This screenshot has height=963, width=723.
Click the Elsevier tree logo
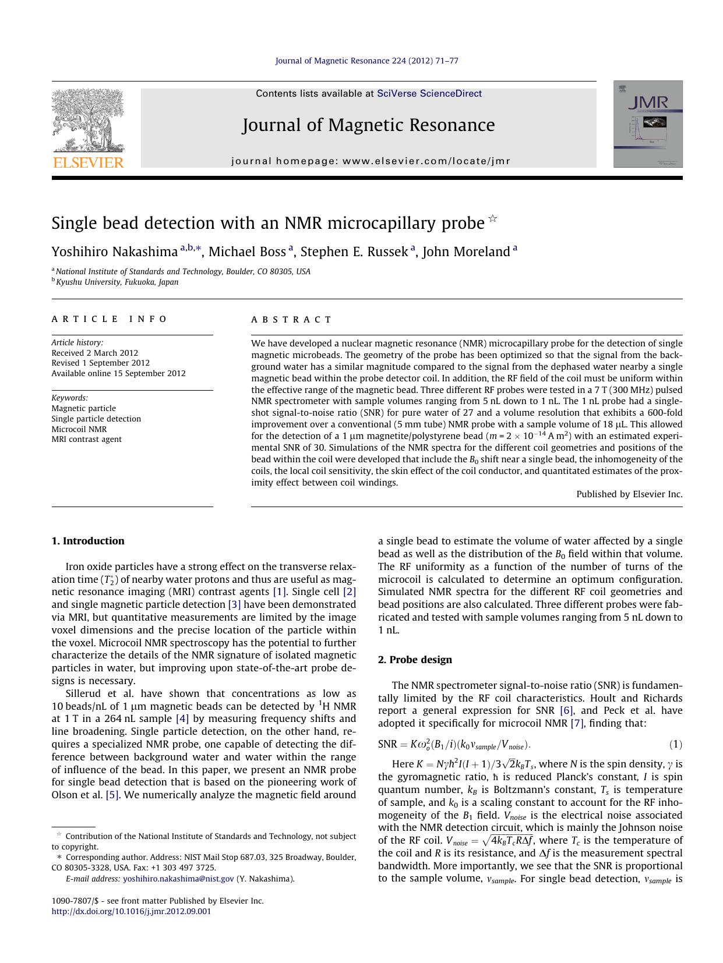pos(88,128)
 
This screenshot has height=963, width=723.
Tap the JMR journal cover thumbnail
pos(647,124)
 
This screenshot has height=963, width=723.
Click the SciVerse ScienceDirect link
pos(429,94)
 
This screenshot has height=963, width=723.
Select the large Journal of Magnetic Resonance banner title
pos(368,125)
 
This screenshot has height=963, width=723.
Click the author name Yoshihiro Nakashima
pos(114,252)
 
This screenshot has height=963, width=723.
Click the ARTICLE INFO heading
pos(109,319)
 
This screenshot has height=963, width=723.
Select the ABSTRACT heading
pos(291,320)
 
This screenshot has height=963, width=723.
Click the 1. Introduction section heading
pos(88,541)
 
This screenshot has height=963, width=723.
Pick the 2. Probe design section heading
pos(415,660)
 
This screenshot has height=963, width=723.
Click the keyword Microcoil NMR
pos(79,429)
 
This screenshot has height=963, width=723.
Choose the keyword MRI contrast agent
pos(86,440)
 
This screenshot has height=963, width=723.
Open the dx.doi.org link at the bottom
pos(131,911)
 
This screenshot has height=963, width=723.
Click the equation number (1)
pos(675,745)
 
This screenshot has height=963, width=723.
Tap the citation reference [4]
pos(182,719)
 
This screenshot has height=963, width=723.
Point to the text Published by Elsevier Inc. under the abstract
pos(629,494)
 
